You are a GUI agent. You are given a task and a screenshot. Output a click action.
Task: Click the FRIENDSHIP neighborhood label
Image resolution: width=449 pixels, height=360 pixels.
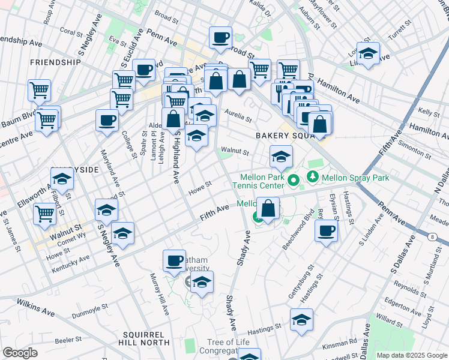55,62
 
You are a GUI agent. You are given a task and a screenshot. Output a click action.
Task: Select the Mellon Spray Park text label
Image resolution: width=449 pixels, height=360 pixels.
355,178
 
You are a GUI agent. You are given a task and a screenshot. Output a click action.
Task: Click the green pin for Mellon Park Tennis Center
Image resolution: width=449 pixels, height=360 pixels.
294,179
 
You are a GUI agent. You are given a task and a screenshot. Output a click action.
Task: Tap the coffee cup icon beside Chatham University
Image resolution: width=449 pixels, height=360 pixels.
175,260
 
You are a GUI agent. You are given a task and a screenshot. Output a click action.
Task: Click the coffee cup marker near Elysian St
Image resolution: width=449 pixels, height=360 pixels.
327,230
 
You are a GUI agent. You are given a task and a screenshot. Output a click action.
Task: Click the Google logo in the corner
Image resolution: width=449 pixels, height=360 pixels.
20,353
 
